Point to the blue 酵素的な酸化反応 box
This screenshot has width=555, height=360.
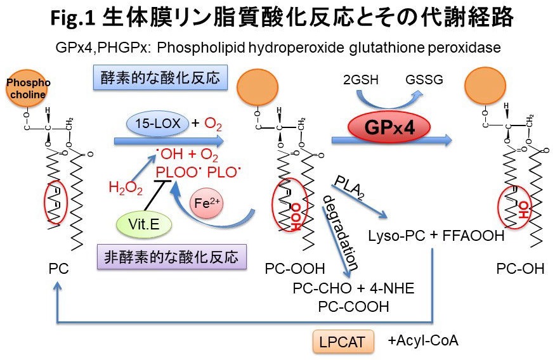[160, 79]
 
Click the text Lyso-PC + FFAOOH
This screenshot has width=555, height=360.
[436, 236]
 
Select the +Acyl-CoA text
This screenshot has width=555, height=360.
[423, 340]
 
